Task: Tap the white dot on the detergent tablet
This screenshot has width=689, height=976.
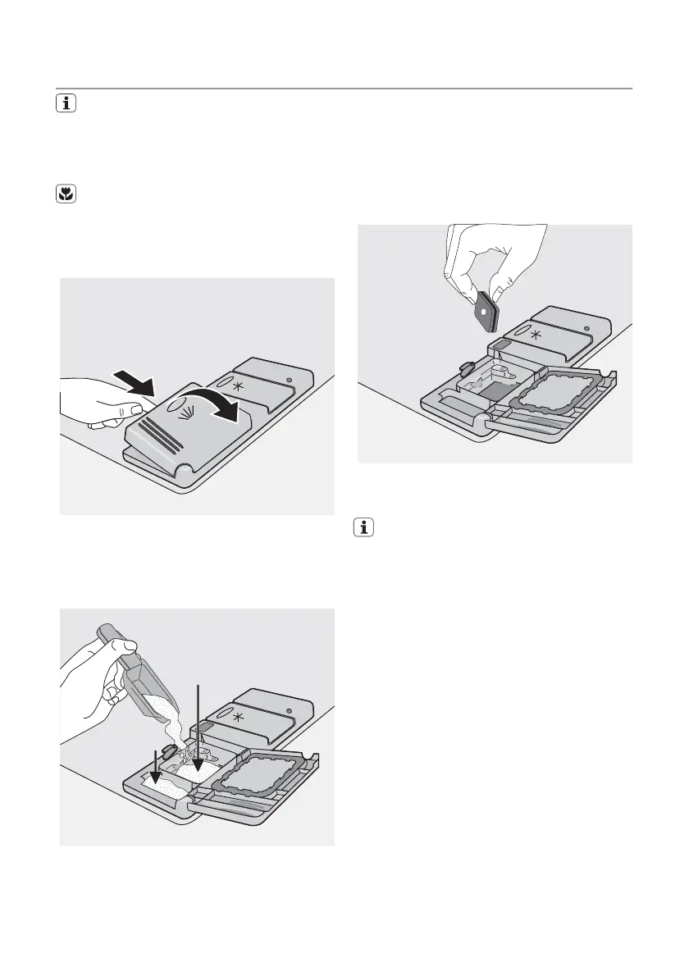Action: pos(486,312)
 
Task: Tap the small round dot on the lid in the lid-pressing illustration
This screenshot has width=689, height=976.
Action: pos(291,380)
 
